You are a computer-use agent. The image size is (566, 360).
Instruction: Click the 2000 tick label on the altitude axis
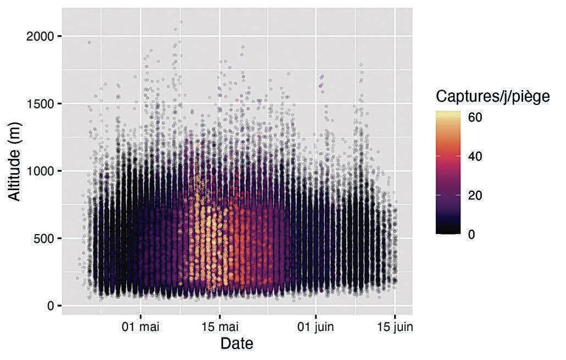tap(40, 36)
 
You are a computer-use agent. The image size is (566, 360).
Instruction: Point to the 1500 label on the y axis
tap(40, 104)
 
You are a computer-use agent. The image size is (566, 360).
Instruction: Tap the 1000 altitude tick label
tap(40, 171)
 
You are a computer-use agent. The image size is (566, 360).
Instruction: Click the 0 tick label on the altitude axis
tap(50, 306)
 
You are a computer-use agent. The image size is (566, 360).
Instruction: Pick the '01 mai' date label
tap(141, 327)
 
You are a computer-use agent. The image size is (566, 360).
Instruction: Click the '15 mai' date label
tap(220, 327)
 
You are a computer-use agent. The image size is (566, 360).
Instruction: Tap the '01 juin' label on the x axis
tap(316, 327)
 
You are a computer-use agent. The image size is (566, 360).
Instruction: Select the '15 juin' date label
tap(395, 327)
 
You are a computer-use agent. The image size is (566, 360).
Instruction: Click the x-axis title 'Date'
tap(237, 344)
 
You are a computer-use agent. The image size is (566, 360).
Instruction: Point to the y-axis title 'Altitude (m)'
tap(15, 162)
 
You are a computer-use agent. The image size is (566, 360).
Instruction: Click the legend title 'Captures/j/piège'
tap(492, 96)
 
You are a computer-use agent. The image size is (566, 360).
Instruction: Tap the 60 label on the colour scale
tap(475, 118)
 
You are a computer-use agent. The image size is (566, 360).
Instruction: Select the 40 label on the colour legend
tap(475, 156)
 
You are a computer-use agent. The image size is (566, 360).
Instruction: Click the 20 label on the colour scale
tap(475, 195)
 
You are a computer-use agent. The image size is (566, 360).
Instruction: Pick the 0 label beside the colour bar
tap(471, 234)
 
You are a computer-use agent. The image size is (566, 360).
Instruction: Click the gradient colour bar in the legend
tap(448, 173)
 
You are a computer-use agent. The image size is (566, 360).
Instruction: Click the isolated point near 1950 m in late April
tap(90, 43)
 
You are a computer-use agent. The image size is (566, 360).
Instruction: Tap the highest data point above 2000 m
tap(181, 21)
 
